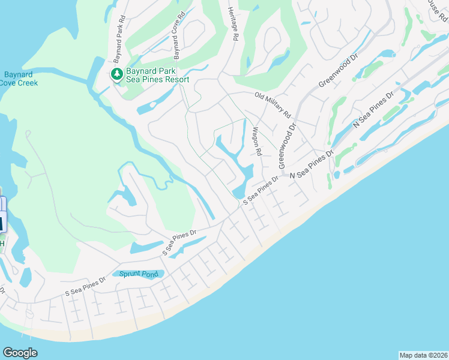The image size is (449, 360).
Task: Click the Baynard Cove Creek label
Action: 19,79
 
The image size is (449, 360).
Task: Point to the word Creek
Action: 27,83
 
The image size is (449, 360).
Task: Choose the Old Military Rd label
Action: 273,104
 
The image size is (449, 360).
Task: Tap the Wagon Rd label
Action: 257,142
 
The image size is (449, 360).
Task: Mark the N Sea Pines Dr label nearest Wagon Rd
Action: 312,165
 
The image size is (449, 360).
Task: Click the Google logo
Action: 20,353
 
